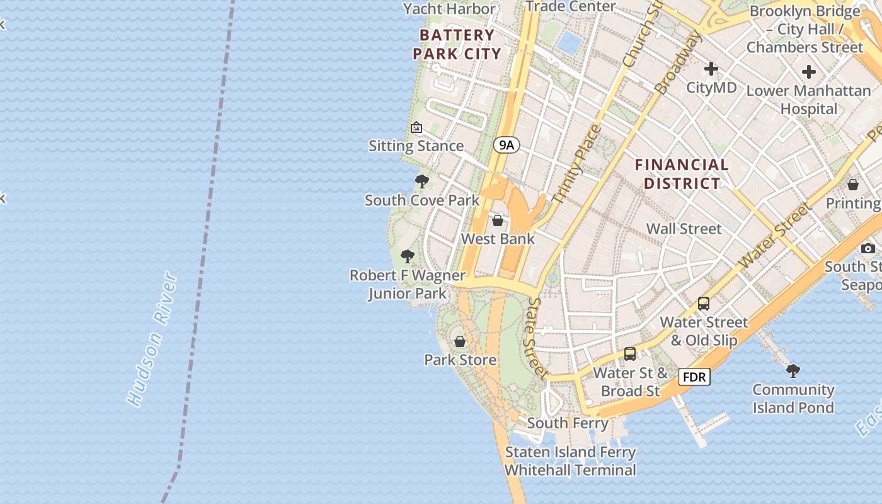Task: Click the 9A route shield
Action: (507, 146)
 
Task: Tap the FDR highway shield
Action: (694, 377)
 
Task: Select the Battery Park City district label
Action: (457, 44)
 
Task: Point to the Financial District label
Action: (682, 175)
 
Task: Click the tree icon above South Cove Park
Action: (422, 182)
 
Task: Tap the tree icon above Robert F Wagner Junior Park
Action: (408, 256)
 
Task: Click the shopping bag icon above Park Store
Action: (460, 341)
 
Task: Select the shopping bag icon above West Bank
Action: (498, 220)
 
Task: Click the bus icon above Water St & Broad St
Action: (630, 354)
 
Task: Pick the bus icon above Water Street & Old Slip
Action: (704, 304)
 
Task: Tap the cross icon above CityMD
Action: (711, 68)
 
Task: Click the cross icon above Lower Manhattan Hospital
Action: (809, 72)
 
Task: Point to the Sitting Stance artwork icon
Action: (416, 128)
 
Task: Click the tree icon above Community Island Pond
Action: (793, 370)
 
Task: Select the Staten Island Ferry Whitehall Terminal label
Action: (570, 461)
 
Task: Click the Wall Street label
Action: (684, 229)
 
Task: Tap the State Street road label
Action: (537, 338)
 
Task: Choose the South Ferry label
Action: (568, 423)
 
